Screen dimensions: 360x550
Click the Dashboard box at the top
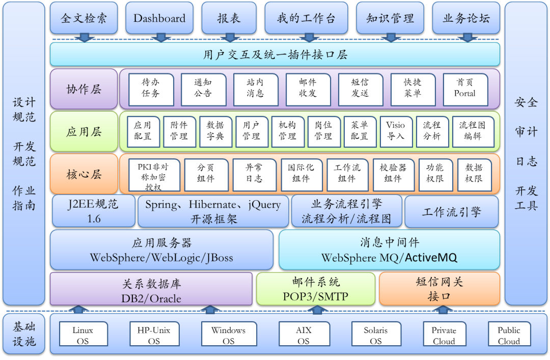tap(159, 18)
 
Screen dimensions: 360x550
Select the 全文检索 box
tap(84, 18)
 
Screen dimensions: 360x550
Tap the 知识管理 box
tap(390, 18)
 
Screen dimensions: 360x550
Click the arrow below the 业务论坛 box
tap(466, 37)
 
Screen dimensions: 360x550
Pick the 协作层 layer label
tap(84, 89)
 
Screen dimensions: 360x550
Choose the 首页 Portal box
tap(464, 88)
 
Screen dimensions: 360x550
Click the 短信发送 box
tap(360, 88)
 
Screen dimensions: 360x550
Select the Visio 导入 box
tap(395, 131)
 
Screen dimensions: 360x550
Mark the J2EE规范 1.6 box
tap(93, 211)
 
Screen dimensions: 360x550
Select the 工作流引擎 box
tap(451, 212)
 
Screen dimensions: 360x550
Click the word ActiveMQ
tap(431, 257)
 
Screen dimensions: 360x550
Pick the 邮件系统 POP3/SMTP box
tap(316, 289)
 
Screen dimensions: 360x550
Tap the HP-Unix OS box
tap(154, 335)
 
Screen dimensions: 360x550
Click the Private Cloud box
tap(444, 335)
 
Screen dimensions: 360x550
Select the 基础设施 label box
tap(24, 334)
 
